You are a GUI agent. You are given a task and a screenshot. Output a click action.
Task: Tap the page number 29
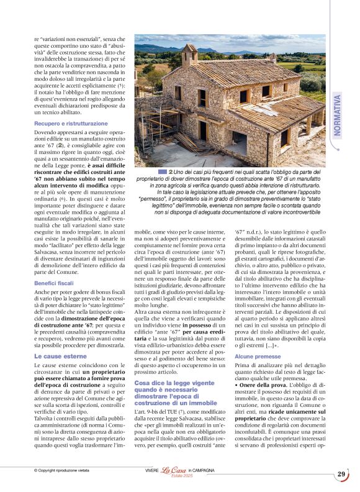(x=341, y=475)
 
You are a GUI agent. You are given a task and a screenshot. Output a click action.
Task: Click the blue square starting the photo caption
(x=162, y=171)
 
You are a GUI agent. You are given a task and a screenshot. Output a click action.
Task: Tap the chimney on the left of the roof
(x=189, y=55)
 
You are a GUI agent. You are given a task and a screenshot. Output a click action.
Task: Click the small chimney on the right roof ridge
(x=272, y=58)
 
